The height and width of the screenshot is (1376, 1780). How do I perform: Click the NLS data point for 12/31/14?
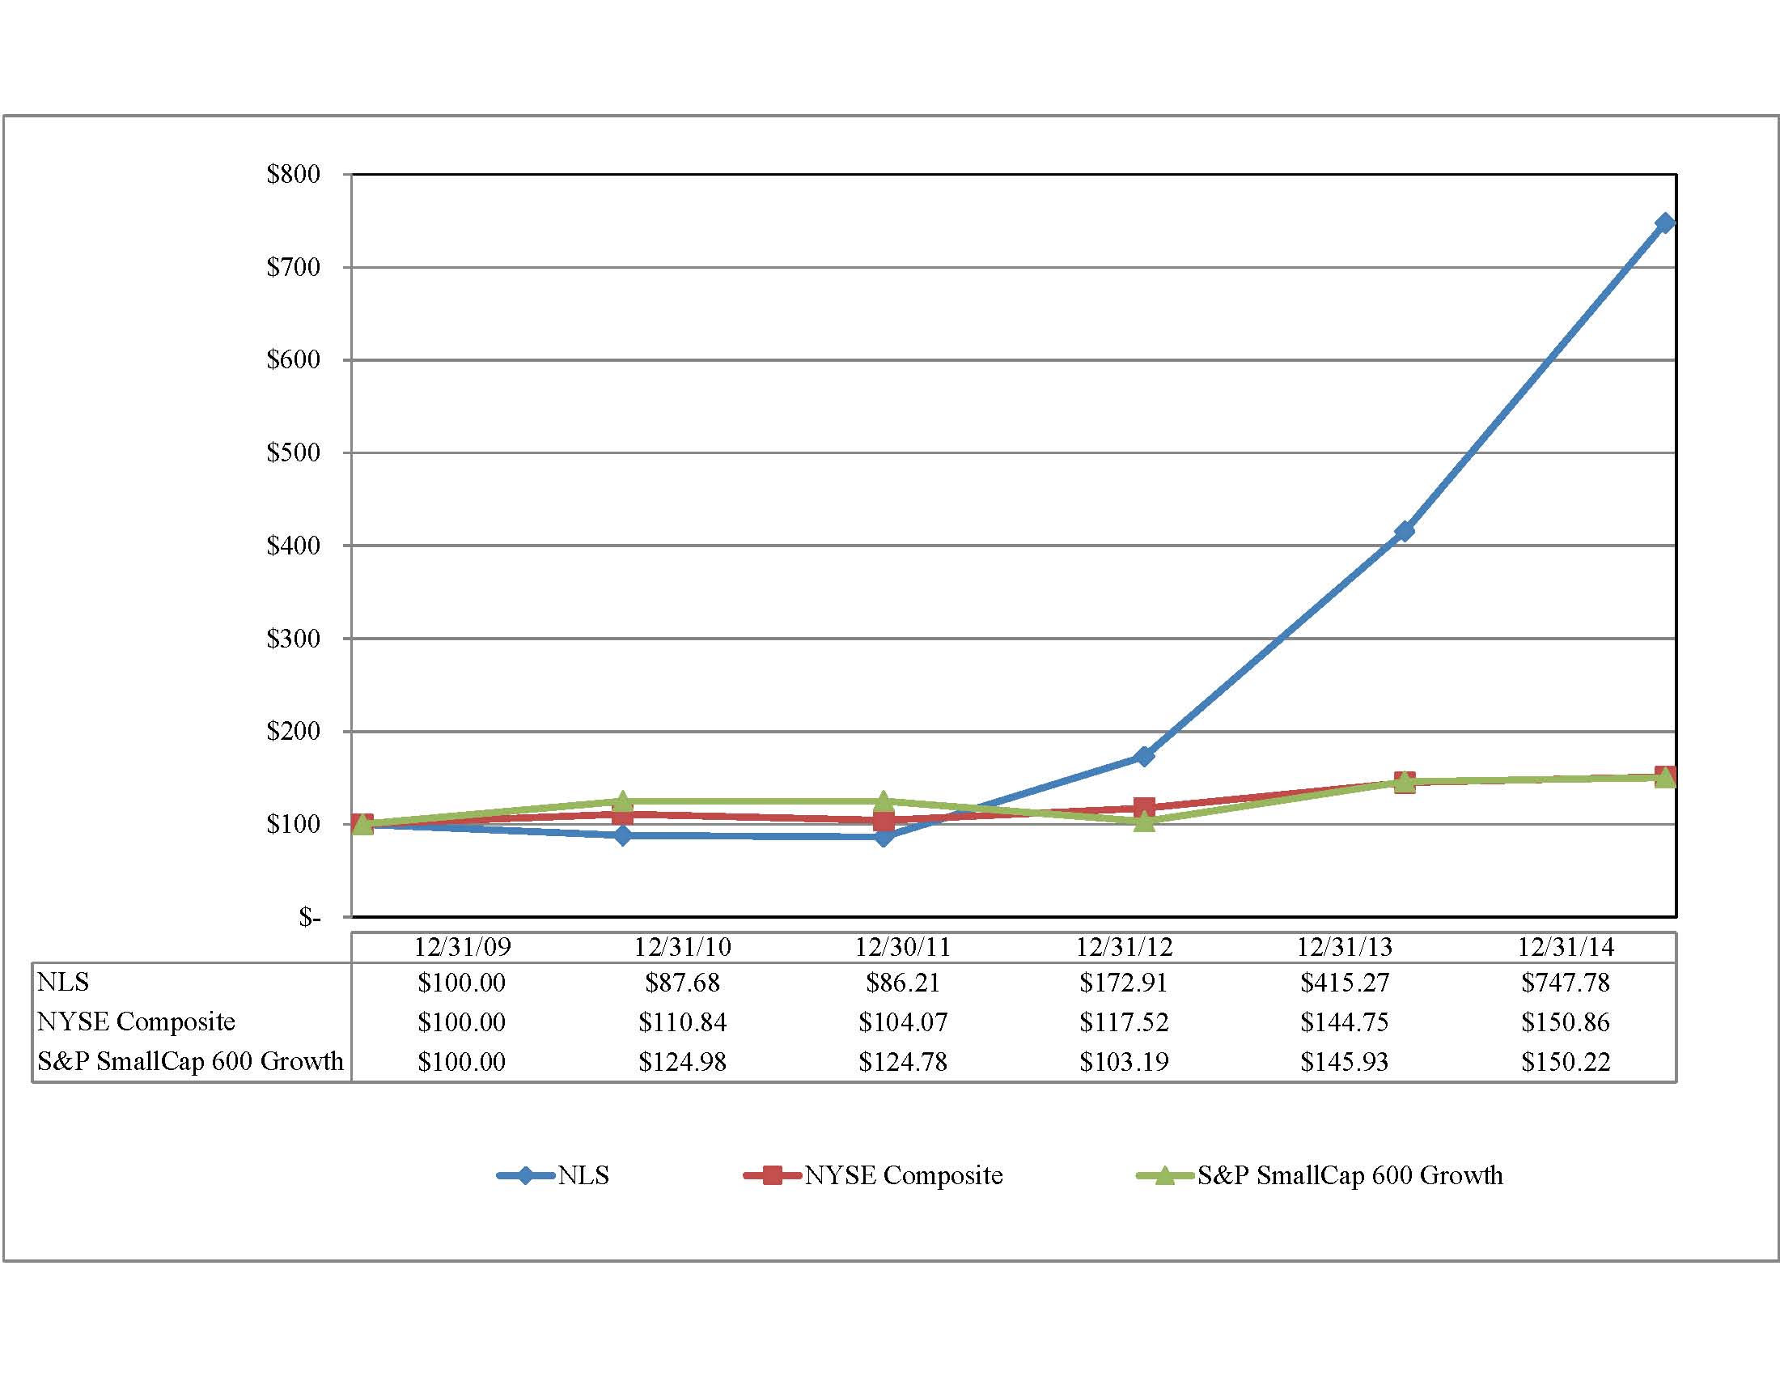click(x=1664, y=223)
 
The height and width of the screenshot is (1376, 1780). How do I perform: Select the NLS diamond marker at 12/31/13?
click(x=1405, y=532)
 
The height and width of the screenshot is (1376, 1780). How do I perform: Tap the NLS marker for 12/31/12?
click(x=1143, y=757)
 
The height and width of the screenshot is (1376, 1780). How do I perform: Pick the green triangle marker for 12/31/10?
click(x=623, y=801)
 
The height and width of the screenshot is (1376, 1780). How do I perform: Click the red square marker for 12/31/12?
click(x=1143, y=808)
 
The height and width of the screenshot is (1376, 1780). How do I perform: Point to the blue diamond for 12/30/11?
click(x=884, y=836)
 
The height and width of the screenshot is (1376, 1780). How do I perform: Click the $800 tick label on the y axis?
click(x=293, y=174)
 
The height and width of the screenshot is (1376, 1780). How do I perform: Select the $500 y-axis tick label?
click(x=293, y=452)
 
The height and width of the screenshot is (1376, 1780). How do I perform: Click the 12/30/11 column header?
click(x=902, y=947)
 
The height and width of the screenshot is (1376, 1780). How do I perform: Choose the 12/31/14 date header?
click(x=1565, y=947)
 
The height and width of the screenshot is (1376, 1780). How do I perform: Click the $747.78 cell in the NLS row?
click(x=1565, y=983)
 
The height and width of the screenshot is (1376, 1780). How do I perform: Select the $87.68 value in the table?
click(x=682, y=983)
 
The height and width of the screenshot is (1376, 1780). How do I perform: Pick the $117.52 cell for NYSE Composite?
click(x=1124, y=1022)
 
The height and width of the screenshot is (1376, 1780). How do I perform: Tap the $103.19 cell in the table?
click(x=1124, y=1061)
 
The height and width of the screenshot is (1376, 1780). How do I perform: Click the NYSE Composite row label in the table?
click(x=136, y=1021)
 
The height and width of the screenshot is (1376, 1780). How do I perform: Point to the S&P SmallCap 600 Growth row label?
click(x=190, y=1060)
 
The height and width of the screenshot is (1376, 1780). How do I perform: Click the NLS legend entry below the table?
click(x=554, y=1175)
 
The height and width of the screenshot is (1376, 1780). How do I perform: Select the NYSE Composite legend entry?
click(x=874, y=1175)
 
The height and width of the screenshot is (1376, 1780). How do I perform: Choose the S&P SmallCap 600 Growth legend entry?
click(x=1320, y=1175)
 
